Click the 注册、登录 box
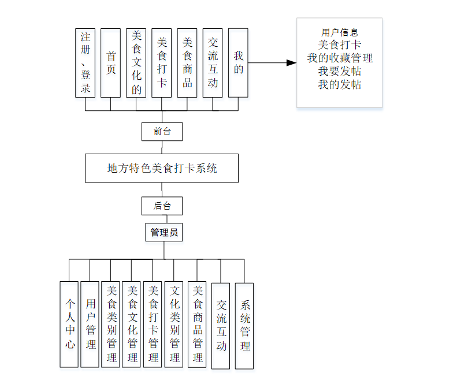(86, 63)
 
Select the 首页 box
(111, 63)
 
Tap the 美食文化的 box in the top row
(136, 63)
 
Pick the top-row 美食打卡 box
(162, 63)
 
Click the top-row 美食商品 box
(187, 63)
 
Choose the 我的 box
(238, 63)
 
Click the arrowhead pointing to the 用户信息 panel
(291, 62)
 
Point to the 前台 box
(162, 131)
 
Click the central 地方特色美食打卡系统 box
(162, 168)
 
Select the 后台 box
(162, 206)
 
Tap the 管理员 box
(163, 233)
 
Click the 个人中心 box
(69, 324)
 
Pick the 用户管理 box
(90, 324)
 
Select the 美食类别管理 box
(111, 324)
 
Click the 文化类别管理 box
(174, 324)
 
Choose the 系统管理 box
(244, 326)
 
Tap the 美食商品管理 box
(197, 324)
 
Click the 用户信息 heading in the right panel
(340, 33)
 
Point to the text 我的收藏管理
(340, 58)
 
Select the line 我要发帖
(340, 71)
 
